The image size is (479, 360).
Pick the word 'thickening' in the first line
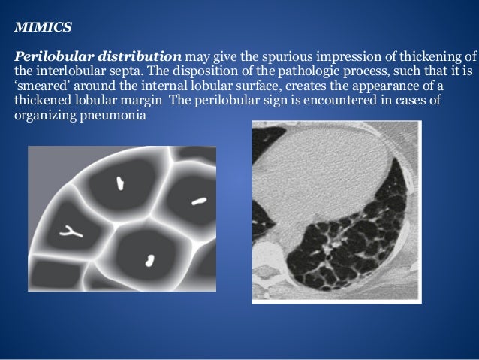(x=434, y=56)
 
